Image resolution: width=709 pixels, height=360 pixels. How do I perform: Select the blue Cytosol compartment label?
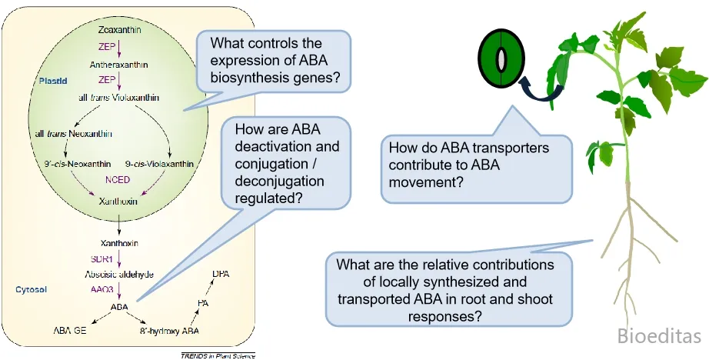(32, 289)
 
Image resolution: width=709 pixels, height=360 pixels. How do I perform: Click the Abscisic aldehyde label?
(118, 273)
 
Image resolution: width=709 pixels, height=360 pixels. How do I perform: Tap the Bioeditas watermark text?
(660, 336)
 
